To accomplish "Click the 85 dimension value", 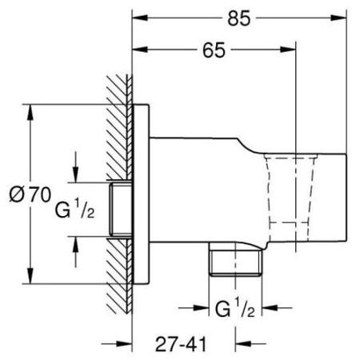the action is click(239, 18).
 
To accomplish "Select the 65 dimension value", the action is click(214, 50).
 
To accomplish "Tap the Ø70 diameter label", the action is click(30, 194).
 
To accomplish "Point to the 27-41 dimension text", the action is click(181, 344).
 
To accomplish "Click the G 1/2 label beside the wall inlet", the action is click(74, 210).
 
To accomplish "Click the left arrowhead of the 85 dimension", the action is click(140, 18).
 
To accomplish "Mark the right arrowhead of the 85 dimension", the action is click(339, 18).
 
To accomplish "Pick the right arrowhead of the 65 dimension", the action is click(288, 50).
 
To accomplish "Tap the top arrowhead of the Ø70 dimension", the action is click(30, 112).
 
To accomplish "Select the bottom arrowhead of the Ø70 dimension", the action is click(30, 276).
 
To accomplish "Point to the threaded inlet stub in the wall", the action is click(121, 210).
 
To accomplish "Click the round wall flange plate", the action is click(141, 194).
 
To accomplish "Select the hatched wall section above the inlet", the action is click(119, 127).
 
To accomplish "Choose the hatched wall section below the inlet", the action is click(119, 276).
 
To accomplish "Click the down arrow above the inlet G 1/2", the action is click(76, 167).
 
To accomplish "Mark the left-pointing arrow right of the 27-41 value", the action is click(250, 344).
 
